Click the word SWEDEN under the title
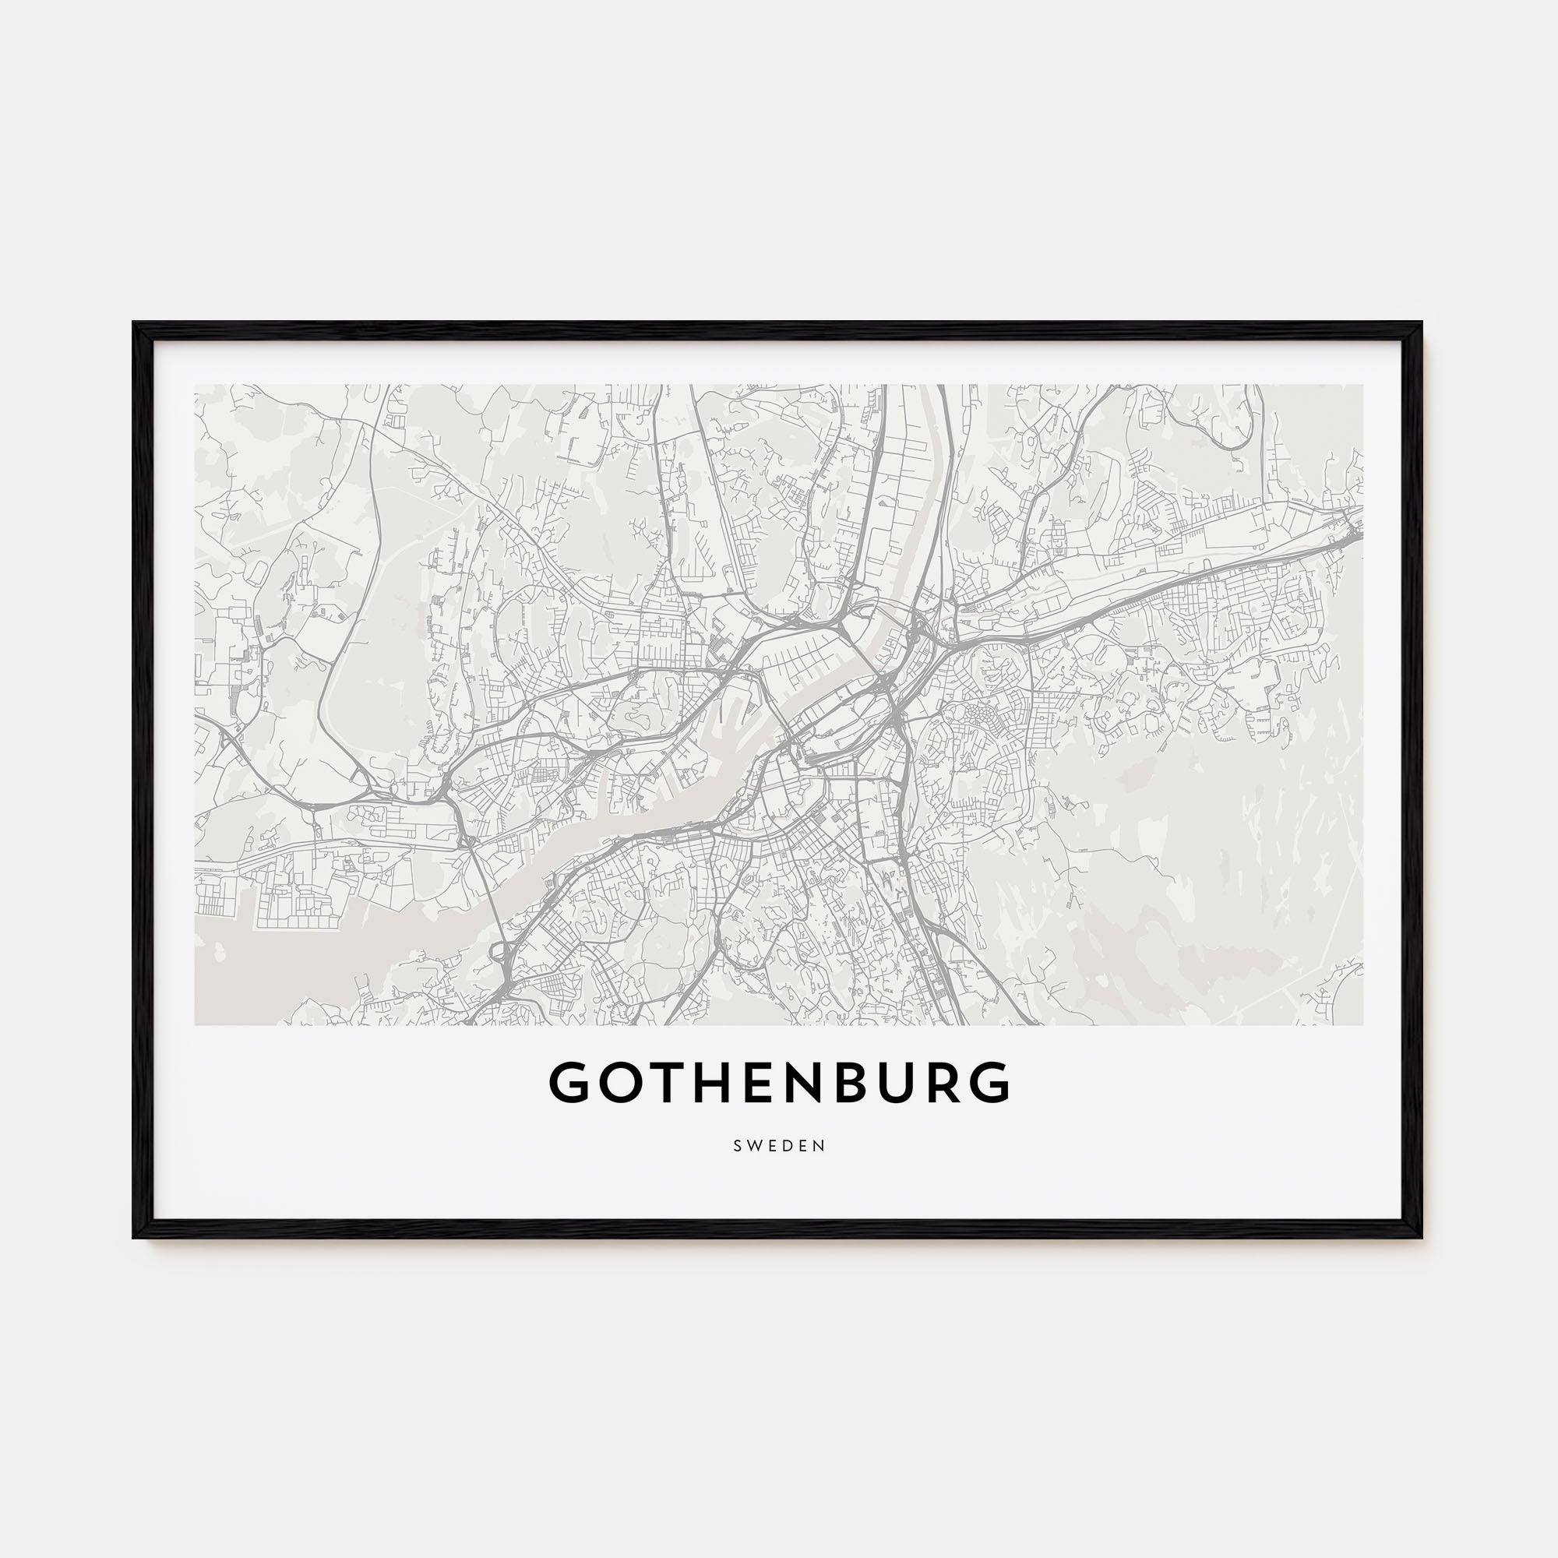coord(779,1146)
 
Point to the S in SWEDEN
coord(737,1146)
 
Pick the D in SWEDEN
coord(788,1146)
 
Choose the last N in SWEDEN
coord(821,1146)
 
